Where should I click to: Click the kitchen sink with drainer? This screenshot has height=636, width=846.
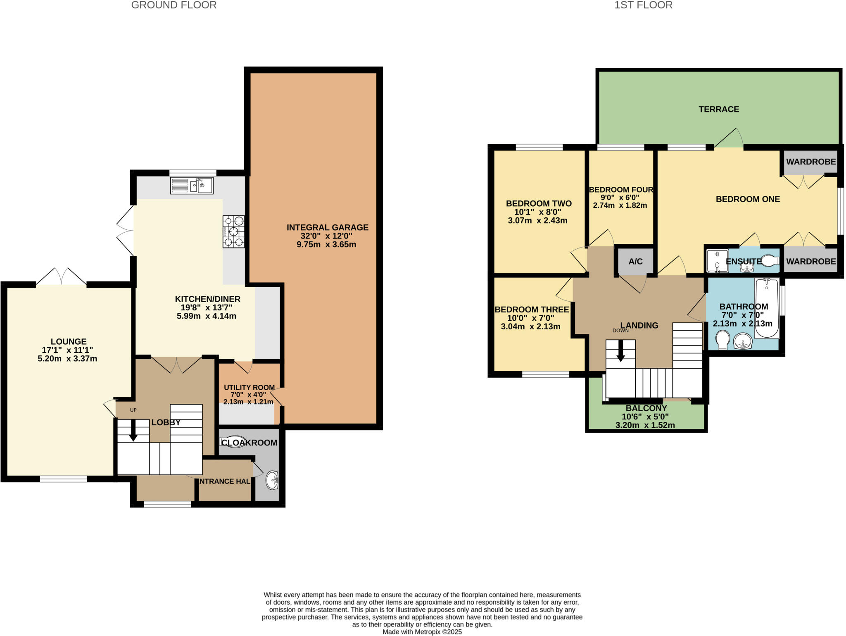192,186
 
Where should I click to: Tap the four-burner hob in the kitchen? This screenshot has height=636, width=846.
233,232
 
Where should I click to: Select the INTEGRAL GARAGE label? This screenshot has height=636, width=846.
327,227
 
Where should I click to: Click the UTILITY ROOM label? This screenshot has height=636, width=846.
249,387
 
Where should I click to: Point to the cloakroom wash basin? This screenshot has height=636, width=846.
272,480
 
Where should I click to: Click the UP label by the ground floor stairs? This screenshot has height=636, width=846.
133,410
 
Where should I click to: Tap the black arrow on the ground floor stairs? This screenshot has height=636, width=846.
133,432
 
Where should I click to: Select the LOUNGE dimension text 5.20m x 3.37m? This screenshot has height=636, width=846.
67,359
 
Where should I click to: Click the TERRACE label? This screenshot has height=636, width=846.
719,109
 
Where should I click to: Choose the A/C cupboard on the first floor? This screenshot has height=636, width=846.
635,261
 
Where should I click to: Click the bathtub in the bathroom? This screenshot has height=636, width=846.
767,308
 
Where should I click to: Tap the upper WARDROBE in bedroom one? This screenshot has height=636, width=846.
810,162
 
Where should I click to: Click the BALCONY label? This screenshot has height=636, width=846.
646,408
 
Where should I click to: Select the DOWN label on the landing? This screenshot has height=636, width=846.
620,330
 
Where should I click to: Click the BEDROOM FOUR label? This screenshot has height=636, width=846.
621,190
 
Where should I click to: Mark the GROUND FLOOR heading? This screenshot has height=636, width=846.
173,5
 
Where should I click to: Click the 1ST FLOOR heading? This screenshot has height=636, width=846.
643,5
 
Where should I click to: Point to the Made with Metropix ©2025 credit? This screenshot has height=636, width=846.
422,632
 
